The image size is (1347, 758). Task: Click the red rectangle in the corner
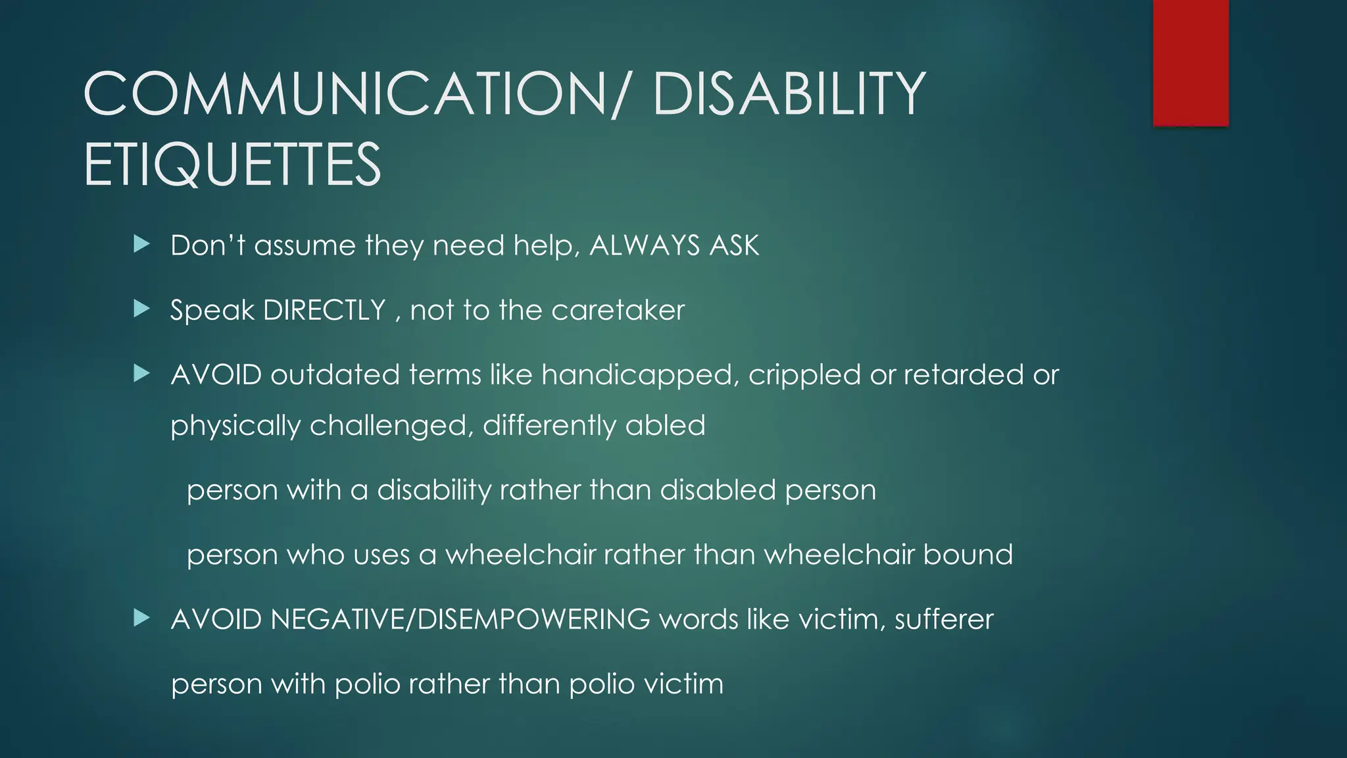coord(1190,63)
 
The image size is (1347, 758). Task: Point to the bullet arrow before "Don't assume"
coord(141,245)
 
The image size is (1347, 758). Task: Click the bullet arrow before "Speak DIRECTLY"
coord(141,309)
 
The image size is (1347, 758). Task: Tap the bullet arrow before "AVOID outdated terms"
coord(141,374)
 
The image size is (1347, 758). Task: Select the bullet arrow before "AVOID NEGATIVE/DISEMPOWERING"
coord(141,618)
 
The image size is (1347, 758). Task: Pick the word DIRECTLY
coord(324,310)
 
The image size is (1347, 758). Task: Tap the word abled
coord(665,425)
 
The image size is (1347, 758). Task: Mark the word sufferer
coord(944,619)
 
